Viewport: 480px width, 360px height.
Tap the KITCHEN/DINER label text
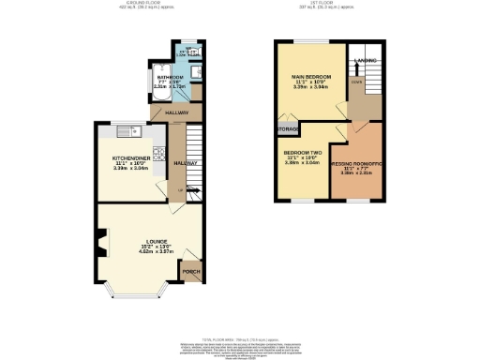tap(128, 161)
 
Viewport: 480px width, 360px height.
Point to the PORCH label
tap(191, 273)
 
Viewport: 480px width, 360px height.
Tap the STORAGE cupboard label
tap(286, 129)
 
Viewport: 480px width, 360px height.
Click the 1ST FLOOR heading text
tap(324, 5)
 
